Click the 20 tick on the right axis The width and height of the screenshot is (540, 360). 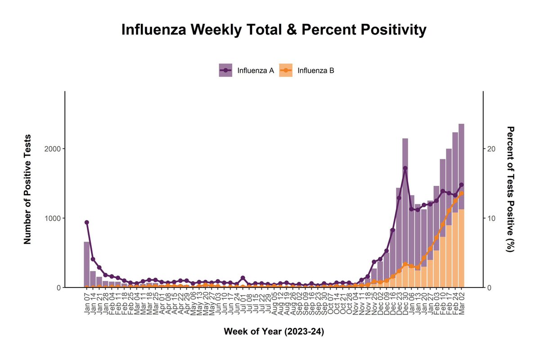pyautogui.click(x=491, y=149)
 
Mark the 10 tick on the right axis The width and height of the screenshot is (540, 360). pyautogui.click(x=491, y=218)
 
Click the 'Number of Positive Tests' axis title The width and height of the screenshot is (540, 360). pyautogui.click(x=27, y=189)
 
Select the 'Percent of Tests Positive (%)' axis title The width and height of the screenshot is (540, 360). pyautogui.click(x=511, y=189)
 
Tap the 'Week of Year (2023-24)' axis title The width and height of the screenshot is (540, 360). pyautogui.click(x=274, y=332)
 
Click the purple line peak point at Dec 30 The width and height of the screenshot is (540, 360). pyautogui.click(x=405, y=168)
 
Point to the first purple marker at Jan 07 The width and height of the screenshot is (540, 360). pyautogui.click(x=87, y=222)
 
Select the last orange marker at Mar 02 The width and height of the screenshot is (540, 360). pyautogui.click(x=461, y=193)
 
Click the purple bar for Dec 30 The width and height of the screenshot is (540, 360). pyautogui.click(x=405, y=202)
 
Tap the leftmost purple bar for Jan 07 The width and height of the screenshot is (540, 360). pyautogui.click(x=87, y=265)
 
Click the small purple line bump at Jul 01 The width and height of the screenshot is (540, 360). pyautogui.click(x=243, y=278)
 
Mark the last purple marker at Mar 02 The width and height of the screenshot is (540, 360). pyautogui.click(x=461, y=185)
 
